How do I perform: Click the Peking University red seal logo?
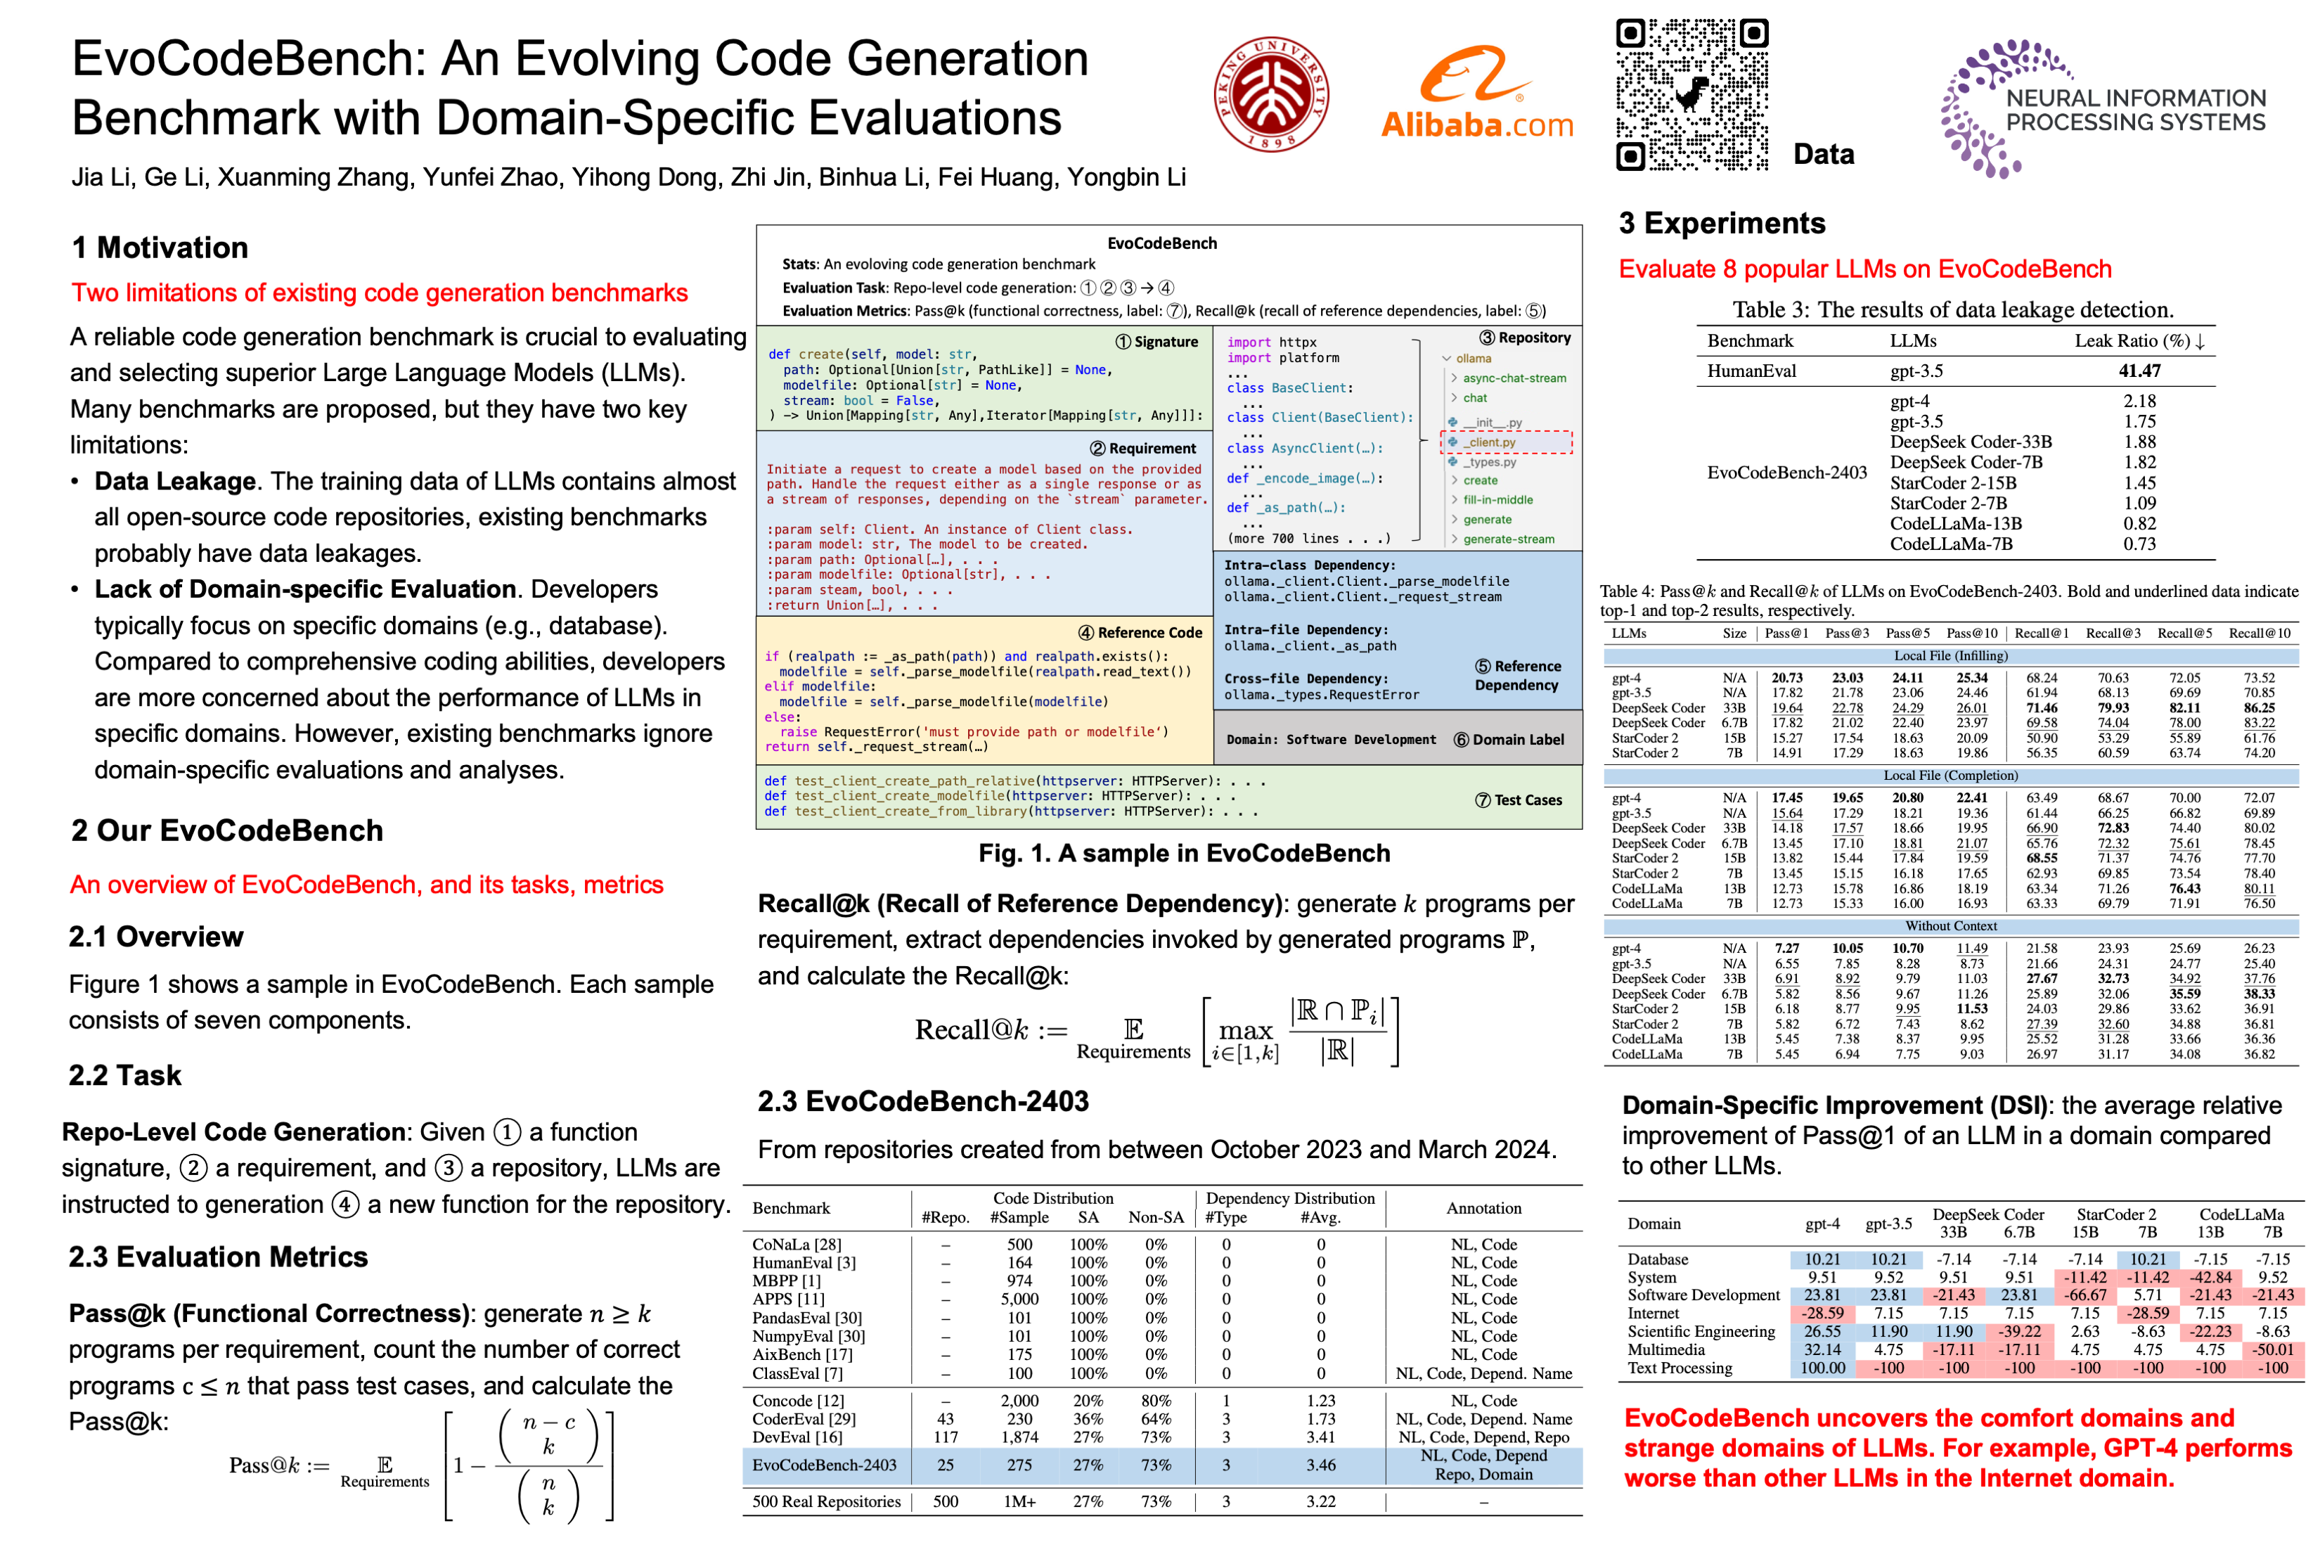[1270, 94]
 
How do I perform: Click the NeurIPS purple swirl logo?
[1983, 108]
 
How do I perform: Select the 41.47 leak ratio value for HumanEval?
[2139, 371]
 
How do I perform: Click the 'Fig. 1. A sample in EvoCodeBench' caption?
[1184, 854]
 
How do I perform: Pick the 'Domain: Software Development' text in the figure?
[1331, 740]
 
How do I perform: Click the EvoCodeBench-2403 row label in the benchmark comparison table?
[824, 1465]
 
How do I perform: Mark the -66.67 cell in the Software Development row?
[2085, 1295]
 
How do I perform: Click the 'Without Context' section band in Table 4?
[1950, 926]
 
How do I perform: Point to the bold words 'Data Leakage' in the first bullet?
[174, 482]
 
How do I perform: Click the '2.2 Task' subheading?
[125, 1075]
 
